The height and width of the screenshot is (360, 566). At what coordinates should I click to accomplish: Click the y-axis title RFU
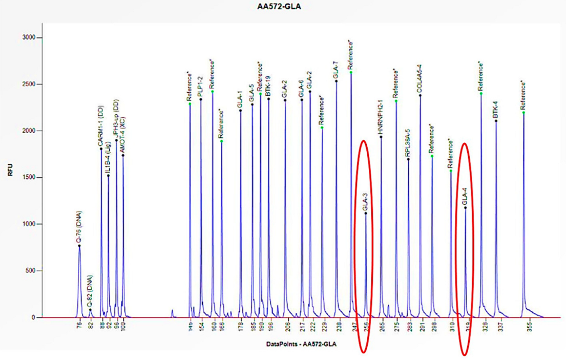tap(10, 173)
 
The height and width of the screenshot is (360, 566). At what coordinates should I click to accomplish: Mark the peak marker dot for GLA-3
tap(366, 213)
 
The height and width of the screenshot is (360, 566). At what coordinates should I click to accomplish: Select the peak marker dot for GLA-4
tap(466, 208)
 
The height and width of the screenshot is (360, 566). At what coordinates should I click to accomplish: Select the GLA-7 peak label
tap(336, 70)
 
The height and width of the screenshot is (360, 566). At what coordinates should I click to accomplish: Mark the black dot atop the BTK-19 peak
tap(269, 98)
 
